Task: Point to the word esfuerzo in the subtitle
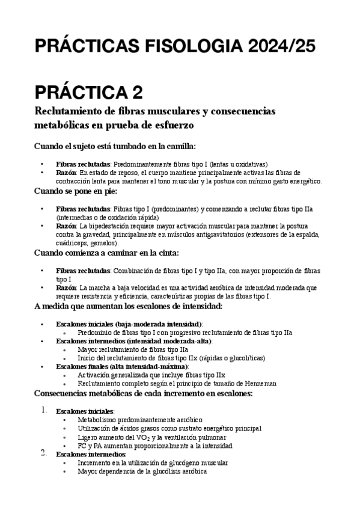click(172, 127)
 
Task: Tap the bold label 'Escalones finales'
click(85, 366)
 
